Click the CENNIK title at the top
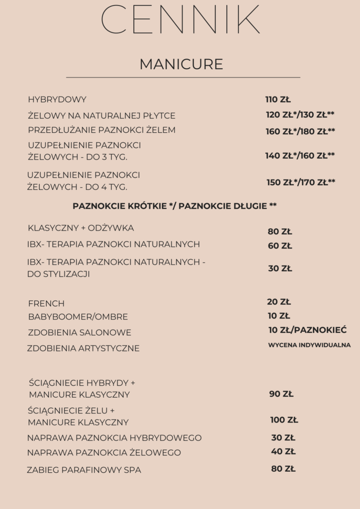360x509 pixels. point(180,20)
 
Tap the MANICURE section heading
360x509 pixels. point(181,64)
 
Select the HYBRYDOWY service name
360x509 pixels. point(57,99)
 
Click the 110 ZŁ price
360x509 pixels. point(278,99)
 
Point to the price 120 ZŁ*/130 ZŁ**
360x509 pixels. point(300,115)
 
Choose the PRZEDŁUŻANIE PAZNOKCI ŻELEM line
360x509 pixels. point(102,130)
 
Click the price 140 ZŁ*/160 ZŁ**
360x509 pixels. point(300,156)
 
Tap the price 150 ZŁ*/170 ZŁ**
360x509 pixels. point(301,182)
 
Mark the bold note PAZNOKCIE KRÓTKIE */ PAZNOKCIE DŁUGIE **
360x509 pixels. point(175,206)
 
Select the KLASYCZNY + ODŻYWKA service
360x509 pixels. point(81,228)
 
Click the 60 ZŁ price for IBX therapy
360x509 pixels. point(280,246)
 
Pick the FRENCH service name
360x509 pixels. point(46,304)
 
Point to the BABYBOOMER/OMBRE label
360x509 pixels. point(78,317)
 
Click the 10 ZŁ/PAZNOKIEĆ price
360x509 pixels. point(307,330)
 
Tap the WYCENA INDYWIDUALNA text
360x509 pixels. point(309,345)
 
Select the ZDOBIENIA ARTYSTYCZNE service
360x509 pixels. point(83,348)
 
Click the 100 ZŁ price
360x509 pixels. point(284,420)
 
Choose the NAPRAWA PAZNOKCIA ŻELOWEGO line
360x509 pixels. point(104,453)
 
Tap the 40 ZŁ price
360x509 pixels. point(283,452)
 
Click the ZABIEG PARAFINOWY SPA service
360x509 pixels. point(84,470)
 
